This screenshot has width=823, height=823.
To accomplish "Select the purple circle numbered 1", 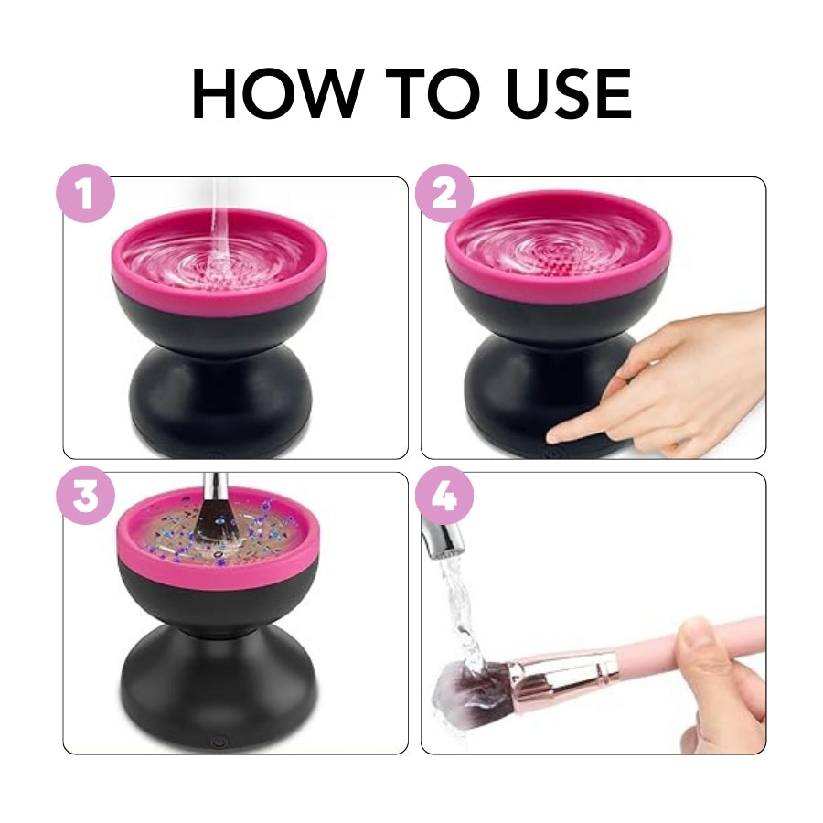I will tap(86, 194).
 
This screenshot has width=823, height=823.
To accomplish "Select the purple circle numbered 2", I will tap(444, 194).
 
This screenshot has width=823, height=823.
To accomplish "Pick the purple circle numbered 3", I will tap(86, 497).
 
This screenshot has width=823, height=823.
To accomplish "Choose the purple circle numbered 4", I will tap(444, 497).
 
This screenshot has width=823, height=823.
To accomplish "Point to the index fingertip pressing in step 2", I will tap(555, 436).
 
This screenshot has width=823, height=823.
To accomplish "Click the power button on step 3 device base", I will tap(218, 743).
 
